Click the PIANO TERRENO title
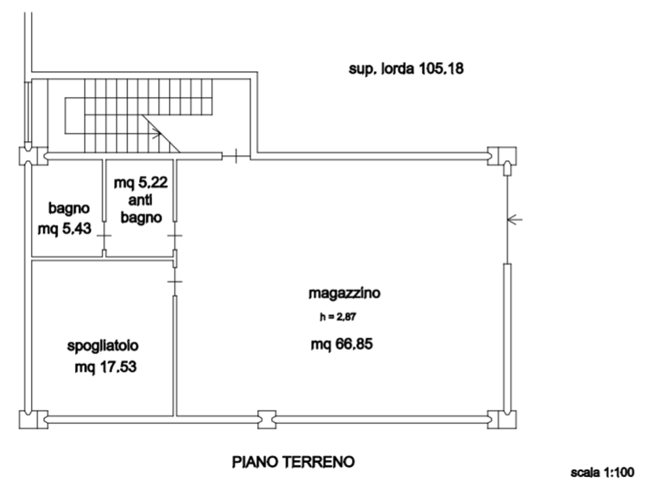point(293,462)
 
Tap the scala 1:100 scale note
point(602,472)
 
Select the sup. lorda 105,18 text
point(406,68)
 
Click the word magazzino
point(344,293)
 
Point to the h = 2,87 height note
point(338,317)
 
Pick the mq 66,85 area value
point(342,344)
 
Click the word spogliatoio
point(102,346)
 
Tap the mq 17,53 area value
point(106,367)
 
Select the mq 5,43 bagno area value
point(64,228)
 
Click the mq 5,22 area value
point(141,182)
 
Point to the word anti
point(140,200)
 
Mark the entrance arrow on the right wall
point(515,219)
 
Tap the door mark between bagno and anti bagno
point(104,235)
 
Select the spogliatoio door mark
point(175,282)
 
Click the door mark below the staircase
point(236,156)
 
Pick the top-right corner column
point(502,156)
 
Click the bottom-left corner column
point(34,420)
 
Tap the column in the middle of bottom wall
point(267,420)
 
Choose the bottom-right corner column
point(502,420)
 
